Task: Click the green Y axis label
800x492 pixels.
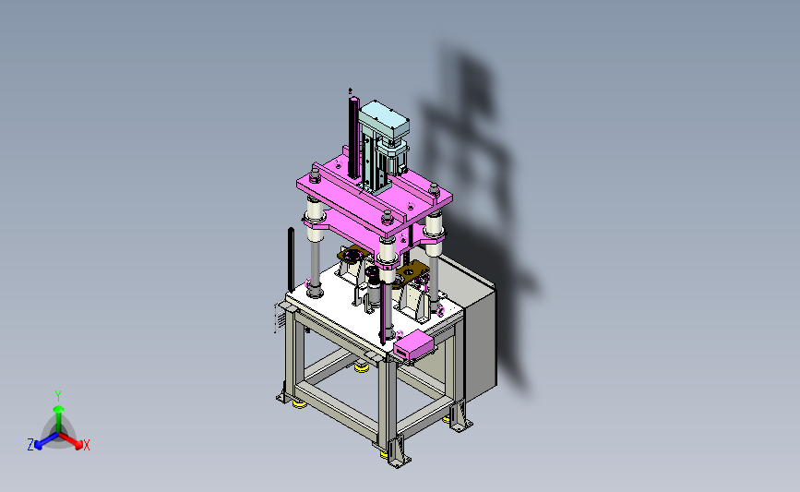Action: coord(58,396)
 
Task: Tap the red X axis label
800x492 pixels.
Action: coord(86,445)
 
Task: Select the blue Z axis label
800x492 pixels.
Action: coord(30,445)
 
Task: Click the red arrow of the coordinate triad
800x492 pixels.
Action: coord(71,441)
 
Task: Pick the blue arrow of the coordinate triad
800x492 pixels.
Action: coord(46,441)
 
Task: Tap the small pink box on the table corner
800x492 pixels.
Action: coord(412,345)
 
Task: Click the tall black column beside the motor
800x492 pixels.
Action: coord(353,138)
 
